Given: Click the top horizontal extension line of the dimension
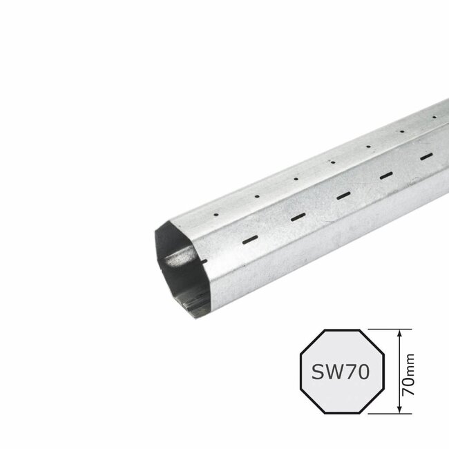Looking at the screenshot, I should (x=390, y=329).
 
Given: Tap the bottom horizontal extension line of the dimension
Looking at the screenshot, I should (x=390, y=415).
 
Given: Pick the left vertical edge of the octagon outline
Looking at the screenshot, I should (x=298, y=373).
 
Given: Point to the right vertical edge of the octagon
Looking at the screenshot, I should (x=381, y=373).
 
